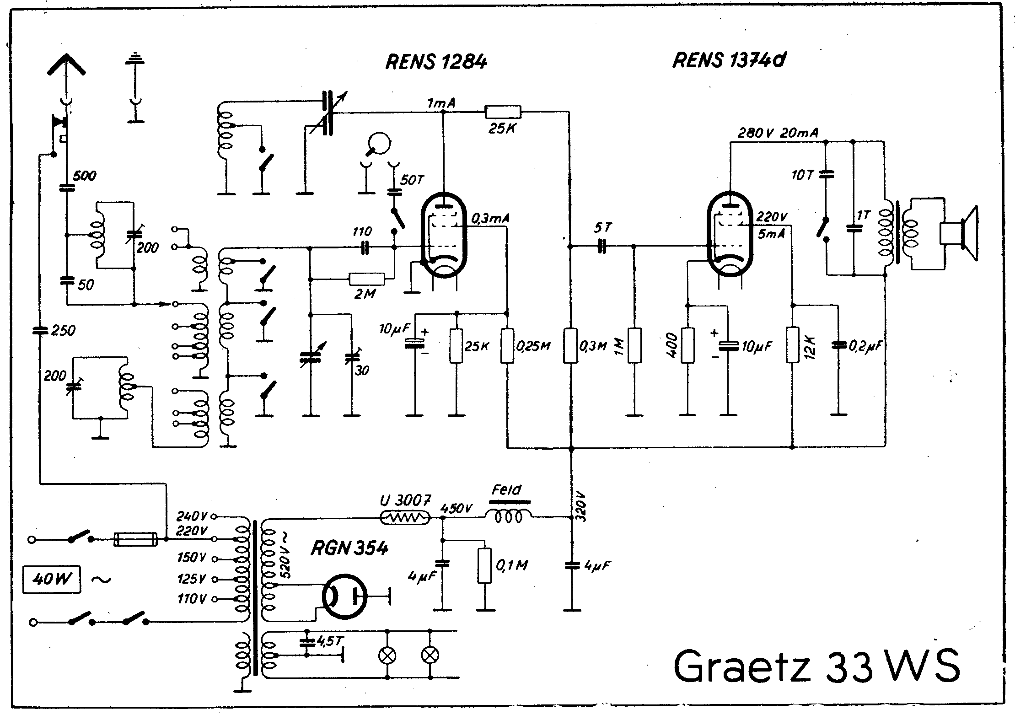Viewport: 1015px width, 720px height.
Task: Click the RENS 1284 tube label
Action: pyautogui.click(x=436, y=62)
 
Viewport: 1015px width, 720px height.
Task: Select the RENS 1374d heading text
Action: pyautogui.click(x=729, y=60)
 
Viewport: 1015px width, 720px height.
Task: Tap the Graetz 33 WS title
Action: pyautogui.click(x=816, y=666)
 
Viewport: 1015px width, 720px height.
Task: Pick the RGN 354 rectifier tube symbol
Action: pyautogui.click(x=344, y=596)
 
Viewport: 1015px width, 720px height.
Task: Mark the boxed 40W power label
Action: pyautogui.click(x=52, y=580)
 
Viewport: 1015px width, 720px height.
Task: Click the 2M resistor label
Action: pyautogui.click(x=365, y=294)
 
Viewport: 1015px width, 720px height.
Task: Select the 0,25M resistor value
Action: pyautogui.click(x=533, y=346)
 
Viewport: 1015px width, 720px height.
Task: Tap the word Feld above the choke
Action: pyautogui.click(x=506, y=490)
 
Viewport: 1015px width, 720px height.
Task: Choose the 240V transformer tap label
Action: pyautogui.click(x=192, y=516)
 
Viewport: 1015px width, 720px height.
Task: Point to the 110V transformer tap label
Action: pyautogui.click(x=192, y=598)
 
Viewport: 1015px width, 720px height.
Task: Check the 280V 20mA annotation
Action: pyautogui.click(x=778, y=133)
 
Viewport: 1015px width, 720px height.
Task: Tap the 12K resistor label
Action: pyautogui.click(x=809, y=346)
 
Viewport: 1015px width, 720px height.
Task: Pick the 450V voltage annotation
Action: pyautogui.click(x=456, y=508)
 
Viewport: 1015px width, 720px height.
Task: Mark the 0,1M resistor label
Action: pyautogui.click(x=511, y=566)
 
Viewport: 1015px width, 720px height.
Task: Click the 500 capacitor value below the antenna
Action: pyautogui.click(x=85, y=176)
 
